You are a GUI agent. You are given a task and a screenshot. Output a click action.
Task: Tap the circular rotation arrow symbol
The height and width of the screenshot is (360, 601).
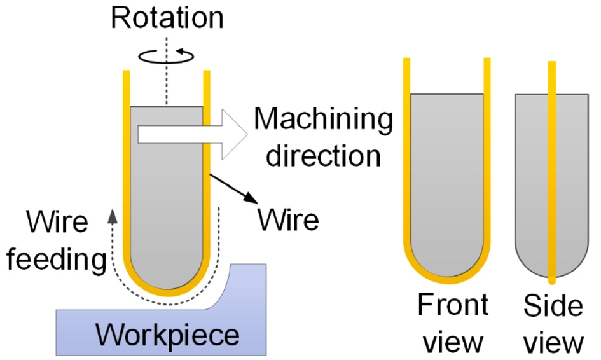[165, 57]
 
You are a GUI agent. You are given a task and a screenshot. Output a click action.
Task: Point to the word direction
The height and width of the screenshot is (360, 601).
[323, 155]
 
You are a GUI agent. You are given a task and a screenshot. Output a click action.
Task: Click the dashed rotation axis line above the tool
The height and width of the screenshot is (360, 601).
[165, 83]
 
